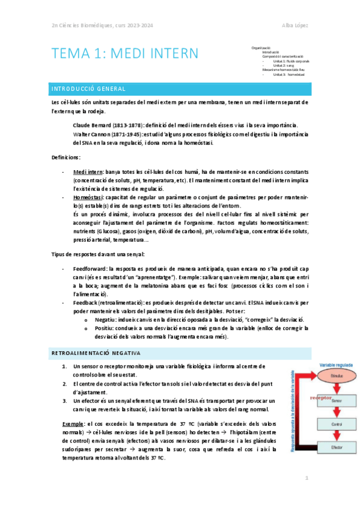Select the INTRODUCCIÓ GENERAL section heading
click(87, 89)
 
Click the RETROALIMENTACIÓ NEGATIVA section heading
click(96, 353)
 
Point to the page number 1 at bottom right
click(306, 478)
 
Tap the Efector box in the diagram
click(337, 448)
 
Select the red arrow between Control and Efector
click(337, 435)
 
